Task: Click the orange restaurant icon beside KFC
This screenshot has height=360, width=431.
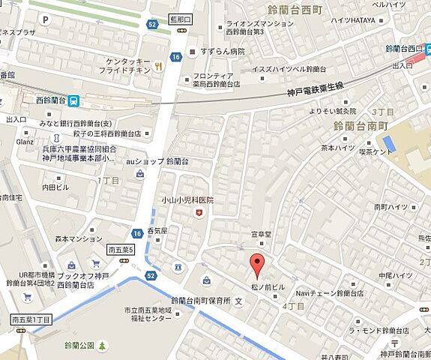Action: point(160,66)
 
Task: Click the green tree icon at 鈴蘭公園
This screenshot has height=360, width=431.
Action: point(103,345)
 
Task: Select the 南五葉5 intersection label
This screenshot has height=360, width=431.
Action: point(121,250)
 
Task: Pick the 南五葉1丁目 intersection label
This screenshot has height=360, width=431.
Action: point(31,320)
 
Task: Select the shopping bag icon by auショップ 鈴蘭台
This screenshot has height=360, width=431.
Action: point(141,174)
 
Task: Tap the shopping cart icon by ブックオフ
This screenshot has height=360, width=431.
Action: point(96,263)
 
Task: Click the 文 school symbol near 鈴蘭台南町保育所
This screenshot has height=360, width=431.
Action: point(239,301)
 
